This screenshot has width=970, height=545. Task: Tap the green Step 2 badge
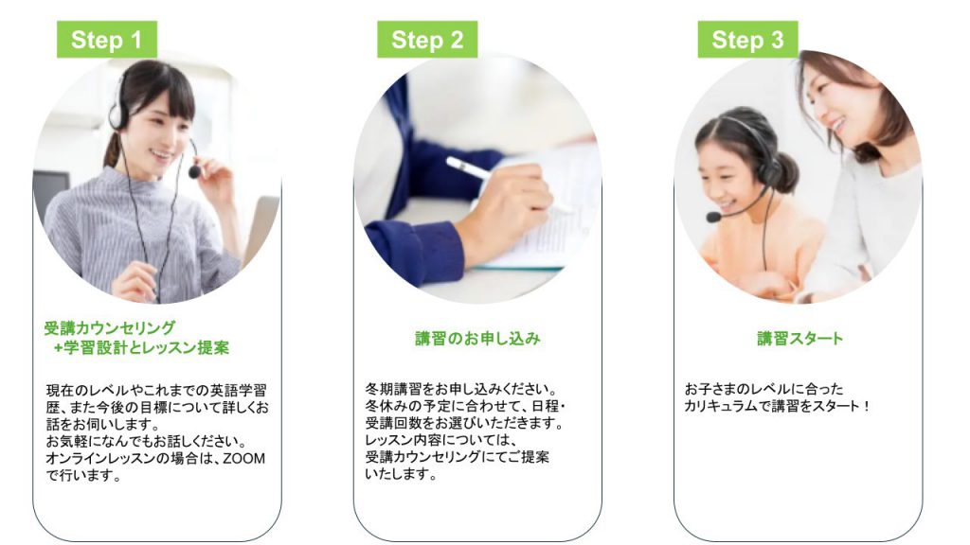(427, 40)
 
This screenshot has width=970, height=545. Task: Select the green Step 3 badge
(747, 40)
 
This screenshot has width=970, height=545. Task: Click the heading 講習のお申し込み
(477, 339)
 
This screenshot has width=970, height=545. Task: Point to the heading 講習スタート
(799, 339)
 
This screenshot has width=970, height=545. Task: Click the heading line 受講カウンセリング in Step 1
(109, 328)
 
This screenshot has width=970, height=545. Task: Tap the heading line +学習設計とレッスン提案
(141, 347)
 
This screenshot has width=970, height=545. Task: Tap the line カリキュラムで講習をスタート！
(777, 406)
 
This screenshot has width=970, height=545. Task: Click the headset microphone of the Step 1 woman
(194, 172)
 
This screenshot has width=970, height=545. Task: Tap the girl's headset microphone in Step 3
(712, 217)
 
